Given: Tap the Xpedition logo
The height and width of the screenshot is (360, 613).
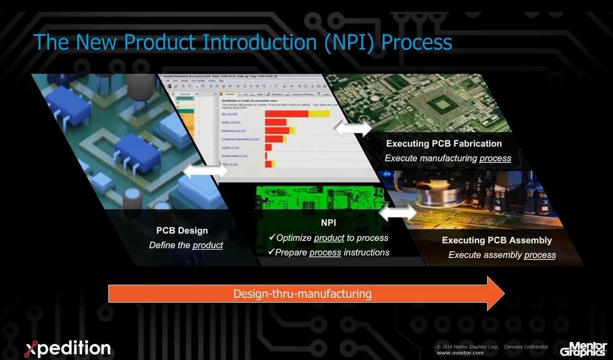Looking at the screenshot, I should pos(68,348).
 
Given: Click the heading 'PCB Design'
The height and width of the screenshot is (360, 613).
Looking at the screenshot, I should pos(182,231).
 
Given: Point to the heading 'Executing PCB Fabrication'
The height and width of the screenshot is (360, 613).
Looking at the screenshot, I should pos(443,143).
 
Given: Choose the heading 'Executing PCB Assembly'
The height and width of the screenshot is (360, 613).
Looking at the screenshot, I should pos(496,240).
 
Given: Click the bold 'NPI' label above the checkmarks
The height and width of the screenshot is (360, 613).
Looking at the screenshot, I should pos(328,223).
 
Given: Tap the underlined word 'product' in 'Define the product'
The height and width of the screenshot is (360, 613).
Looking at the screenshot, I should pos(207,245).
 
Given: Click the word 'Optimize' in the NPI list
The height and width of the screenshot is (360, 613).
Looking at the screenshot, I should pos(294,238).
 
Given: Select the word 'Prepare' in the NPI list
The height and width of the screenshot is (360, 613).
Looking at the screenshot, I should pos(291,253).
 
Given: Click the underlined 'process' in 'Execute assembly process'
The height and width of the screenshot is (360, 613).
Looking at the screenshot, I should pos(540,255).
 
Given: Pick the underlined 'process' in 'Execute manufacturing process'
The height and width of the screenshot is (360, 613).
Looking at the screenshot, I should pos(495,158).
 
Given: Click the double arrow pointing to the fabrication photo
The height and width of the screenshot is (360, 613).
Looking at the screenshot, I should pos(353,129).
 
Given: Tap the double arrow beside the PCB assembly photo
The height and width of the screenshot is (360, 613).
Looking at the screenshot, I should pos(397,213).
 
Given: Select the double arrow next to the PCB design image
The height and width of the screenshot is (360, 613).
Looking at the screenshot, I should pos(205,171).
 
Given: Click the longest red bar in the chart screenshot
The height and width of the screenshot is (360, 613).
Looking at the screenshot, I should pos(287,114).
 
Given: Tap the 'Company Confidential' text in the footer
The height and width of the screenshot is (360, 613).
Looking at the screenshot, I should pos(526,347).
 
